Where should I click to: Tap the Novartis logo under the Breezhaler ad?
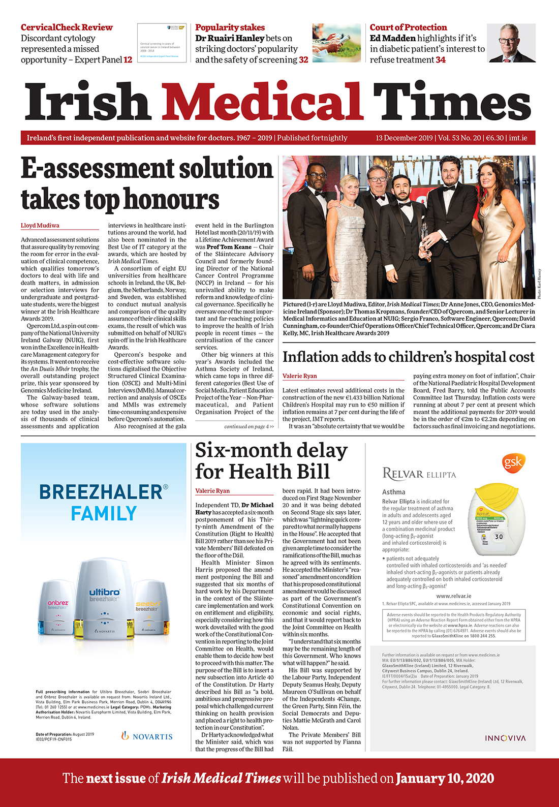[147, 736]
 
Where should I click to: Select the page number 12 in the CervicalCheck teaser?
[128, 59]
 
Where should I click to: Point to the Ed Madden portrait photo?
[511, 43]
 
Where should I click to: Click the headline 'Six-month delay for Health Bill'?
[271, 461]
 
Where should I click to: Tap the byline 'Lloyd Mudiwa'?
[40, 225]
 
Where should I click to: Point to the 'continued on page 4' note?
[249, 426]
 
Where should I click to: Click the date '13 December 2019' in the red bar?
[404, 138]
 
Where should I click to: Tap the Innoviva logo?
[505, 738]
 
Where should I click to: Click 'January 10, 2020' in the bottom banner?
[445, 778]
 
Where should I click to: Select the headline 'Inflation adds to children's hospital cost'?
[408, 357]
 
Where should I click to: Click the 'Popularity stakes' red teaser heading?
[230, 27]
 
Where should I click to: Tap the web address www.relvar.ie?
[453, 596]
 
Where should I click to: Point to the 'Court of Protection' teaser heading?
[408, 27]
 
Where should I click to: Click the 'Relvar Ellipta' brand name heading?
[419, 475]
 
